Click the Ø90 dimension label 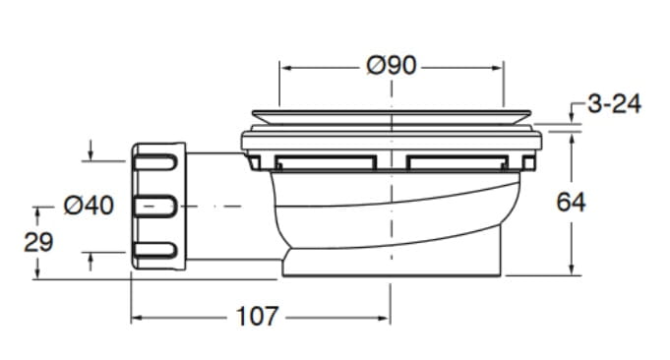[x=391, y=66]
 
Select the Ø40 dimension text [x=89, y=206]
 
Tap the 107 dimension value [x=257, y=317]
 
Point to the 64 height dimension [x=571, y=202]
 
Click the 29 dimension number [x=38, y=242]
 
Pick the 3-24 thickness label [x=615, y=104]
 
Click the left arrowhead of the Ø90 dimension [x=285, y=68]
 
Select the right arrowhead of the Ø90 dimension [x=498, y=68]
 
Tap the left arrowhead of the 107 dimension [x=137, y=318]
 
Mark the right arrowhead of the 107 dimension [x=384, y=318]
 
